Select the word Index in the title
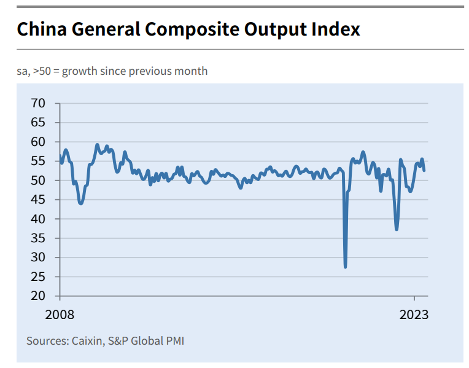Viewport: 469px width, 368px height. point(335,29)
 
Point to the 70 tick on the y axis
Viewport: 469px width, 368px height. point(37,103)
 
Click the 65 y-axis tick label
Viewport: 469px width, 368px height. point(37,123)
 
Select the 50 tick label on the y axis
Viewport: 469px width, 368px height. point(37,180)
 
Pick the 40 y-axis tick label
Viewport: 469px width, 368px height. point(37,219)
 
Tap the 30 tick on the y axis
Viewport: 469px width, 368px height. point(37,258)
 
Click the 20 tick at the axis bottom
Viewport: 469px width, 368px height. point(37,296)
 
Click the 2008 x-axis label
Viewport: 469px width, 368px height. point(60,315)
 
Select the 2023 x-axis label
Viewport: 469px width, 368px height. point(414,315)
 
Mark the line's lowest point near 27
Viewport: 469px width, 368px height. point(346,267)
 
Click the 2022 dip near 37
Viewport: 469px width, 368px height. point(397,229)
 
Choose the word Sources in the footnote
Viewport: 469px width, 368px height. point(47,340)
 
